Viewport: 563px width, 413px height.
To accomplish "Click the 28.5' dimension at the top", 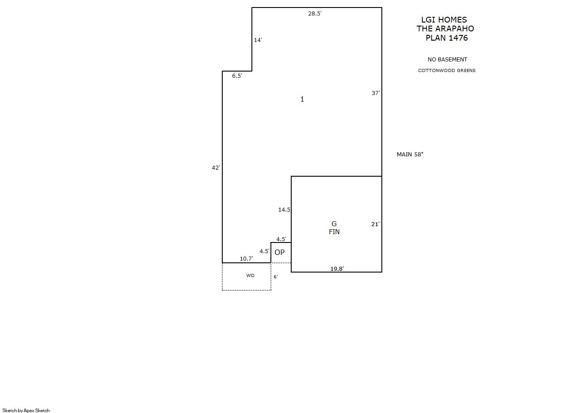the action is coord(315,14).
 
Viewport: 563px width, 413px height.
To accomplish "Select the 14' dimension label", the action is coord(258,40).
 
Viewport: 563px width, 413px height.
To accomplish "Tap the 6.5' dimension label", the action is coord(237,76).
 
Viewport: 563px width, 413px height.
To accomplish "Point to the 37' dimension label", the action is coord(376,93).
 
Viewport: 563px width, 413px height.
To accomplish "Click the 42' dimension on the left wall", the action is coord(216,168).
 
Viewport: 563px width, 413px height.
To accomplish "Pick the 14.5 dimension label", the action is coord(284,209).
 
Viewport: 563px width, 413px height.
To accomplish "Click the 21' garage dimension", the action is coord(375,224).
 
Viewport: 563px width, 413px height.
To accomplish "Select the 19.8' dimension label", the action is coord(337,269).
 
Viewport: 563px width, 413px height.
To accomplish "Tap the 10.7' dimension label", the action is coord(246,259).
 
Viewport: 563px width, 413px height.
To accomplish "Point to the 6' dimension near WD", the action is coord(276,277).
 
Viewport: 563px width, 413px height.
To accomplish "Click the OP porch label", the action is coord(279,252).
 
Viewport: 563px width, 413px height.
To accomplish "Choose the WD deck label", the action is coord(250,276).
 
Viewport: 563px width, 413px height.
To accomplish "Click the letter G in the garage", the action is coord(334,224).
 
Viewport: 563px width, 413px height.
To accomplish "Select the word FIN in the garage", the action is coord(334,231).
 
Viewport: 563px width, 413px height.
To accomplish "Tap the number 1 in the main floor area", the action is coord(302,99).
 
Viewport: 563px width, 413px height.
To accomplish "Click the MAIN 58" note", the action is coord(410,155).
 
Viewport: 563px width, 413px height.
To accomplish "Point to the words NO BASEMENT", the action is coord(447,60).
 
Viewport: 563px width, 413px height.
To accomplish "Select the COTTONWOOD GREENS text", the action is coord(447,71).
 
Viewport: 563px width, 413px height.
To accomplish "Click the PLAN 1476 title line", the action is coord(447,38).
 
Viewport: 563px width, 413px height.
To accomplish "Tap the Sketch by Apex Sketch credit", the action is coord(26,410).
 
